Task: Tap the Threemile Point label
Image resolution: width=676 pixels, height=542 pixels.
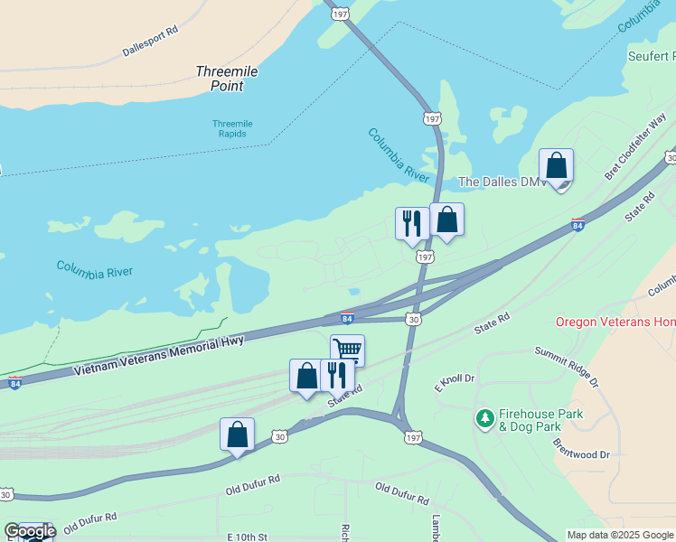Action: click(220, 79)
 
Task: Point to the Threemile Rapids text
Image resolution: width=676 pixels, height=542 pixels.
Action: click(232, 128)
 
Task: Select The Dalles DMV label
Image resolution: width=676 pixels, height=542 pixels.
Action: click(502, 182)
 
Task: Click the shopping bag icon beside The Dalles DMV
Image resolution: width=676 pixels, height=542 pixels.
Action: click(556, 166)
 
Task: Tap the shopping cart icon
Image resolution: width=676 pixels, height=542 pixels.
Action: click(347, 350)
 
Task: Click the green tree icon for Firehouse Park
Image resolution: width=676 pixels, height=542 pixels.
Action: click(485, 417)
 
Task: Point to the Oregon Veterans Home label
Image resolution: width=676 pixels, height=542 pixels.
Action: click(615, 322)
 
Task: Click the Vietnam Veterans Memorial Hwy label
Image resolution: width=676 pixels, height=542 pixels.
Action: click(159, 355)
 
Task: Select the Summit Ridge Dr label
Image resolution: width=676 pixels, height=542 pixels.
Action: click(567, 365)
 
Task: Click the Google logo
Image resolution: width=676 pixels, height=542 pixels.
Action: click(29, 531)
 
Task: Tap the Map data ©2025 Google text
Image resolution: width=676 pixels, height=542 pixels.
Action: click(620, 535)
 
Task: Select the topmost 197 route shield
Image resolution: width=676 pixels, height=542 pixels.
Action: click(340, 14)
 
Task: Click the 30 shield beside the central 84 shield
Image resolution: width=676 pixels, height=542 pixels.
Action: click(414, 319)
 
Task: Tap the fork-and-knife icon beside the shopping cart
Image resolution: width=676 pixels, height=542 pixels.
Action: click(336, 373)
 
